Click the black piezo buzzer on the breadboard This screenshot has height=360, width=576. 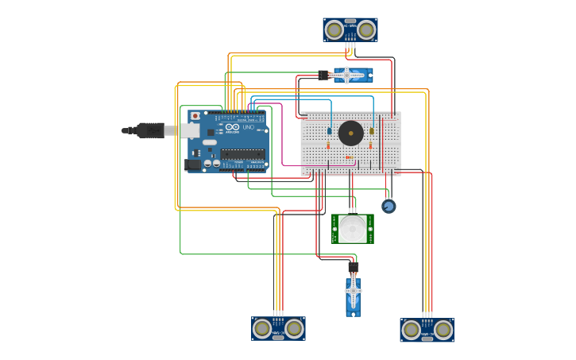tap(350, 133)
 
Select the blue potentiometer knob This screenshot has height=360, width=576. tap(389, 207)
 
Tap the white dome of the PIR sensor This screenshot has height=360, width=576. tap(353, 229)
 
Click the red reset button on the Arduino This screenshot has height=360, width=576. tap(195, 116)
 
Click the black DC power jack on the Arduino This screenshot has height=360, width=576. tap(193, 165)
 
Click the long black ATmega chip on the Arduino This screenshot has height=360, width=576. tap(242, 154)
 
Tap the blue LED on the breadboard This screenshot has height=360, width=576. tap(330, 131)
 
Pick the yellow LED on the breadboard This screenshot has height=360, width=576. tap(371, 131)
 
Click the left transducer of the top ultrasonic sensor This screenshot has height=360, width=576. tap(334, 30)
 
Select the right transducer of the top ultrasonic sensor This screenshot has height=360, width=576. tap(365, 30)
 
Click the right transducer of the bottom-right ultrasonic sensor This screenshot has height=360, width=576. tap(443, 330)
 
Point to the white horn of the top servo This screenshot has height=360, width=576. tap(350, 75)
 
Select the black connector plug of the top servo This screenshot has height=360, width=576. tap(323, 75)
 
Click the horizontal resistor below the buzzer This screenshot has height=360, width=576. tap(350, 157)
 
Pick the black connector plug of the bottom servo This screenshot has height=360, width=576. tap(354, 268)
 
